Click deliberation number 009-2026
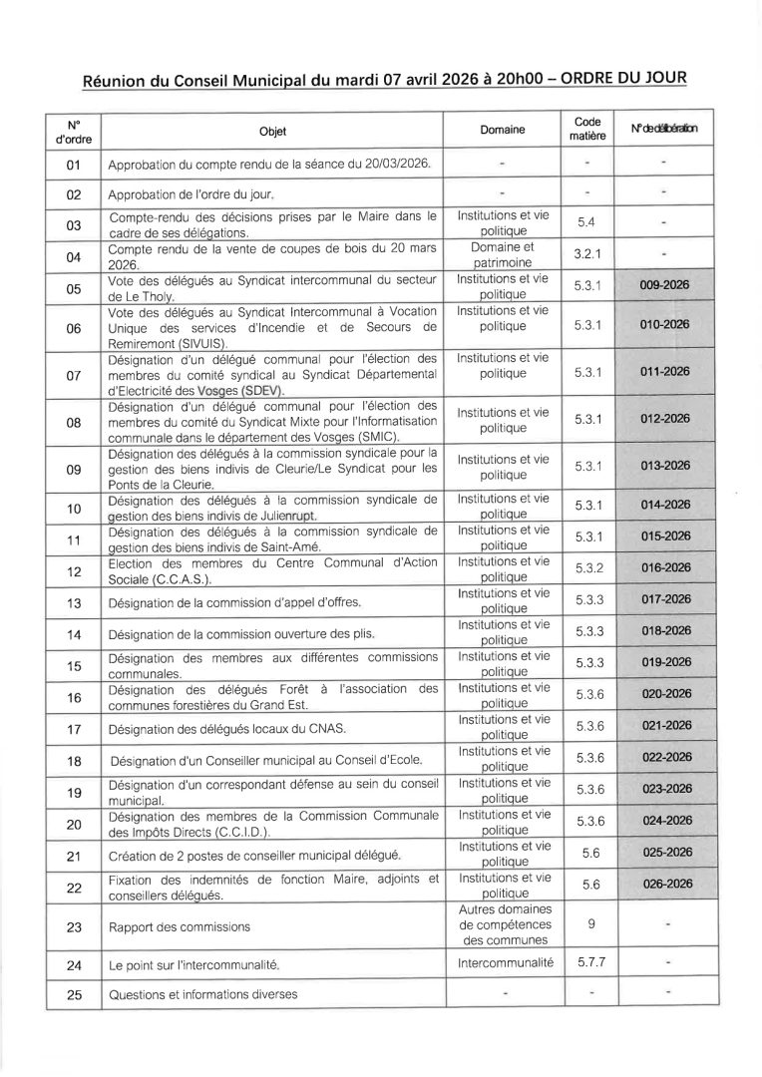(x=666, y=285)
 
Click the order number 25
(x=73, y=995)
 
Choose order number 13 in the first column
(x=73, y=603)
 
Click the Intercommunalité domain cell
(x=503, y=964)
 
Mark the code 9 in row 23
(x=591, y=924)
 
